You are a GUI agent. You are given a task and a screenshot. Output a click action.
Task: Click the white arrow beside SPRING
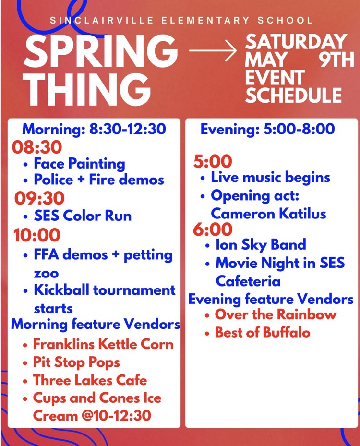point(213,50)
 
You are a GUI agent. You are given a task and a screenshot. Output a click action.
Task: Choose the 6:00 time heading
point(213,229)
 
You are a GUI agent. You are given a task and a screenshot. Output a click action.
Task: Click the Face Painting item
point(79,163)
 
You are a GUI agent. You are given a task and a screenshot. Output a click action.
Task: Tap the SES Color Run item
point(83,216)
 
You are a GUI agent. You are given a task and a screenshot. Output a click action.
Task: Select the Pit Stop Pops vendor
point(76,362)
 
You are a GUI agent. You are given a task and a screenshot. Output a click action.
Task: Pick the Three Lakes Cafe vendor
point(90,380)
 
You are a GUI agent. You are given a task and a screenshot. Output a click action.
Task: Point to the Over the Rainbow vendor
point(276,315)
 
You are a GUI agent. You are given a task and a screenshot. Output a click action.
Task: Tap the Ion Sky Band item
point(261,244)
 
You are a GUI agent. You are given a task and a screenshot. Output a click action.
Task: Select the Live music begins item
point(270,177)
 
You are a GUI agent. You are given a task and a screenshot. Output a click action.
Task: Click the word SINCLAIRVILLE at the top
point(100,21)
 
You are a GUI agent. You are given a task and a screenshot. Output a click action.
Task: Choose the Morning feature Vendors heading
point(96,324)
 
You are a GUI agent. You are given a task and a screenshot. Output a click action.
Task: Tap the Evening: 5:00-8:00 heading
point(267,129)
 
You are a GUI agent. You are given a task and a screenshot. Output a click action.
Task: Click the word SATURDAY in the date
point(296,42)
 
